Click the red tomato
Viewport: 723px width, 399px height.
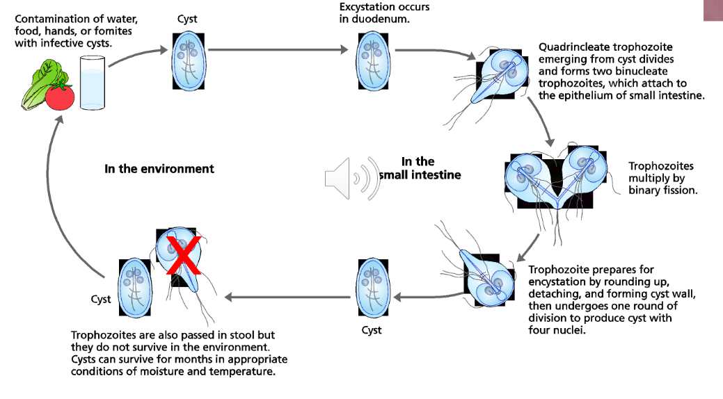61,96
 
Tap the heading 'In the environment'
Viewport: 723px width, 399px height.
159,168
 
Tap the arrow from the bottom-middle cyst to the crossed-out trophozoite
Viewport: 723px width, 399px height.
285,297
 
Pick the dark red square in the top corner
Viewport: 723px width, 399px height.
713,10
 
